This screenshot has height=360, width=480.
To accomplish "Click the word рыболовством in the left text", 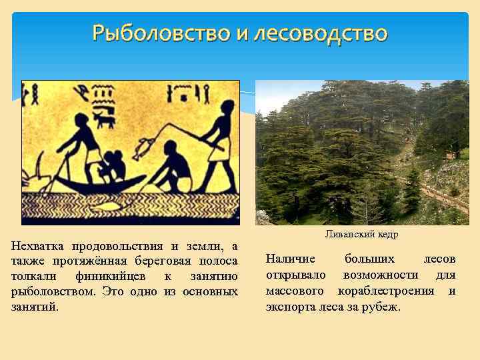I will coord(50,292).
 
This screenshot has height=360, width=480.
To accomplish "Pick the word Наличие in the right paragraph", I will coord(288,259).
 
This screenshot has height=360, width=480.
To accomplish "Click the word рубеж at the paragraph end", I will coord(381,307).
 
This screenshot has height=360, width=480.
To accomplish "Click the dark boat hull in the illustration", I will coord(100,185).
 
